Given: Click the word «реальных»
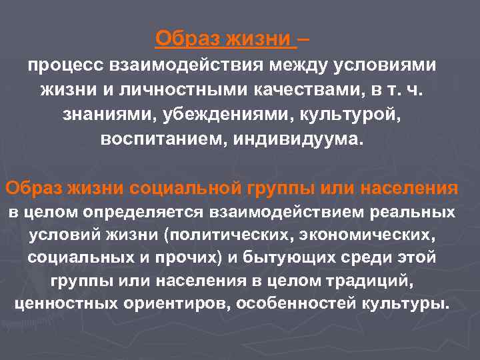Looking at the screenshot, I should click(x=417, y=213).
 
